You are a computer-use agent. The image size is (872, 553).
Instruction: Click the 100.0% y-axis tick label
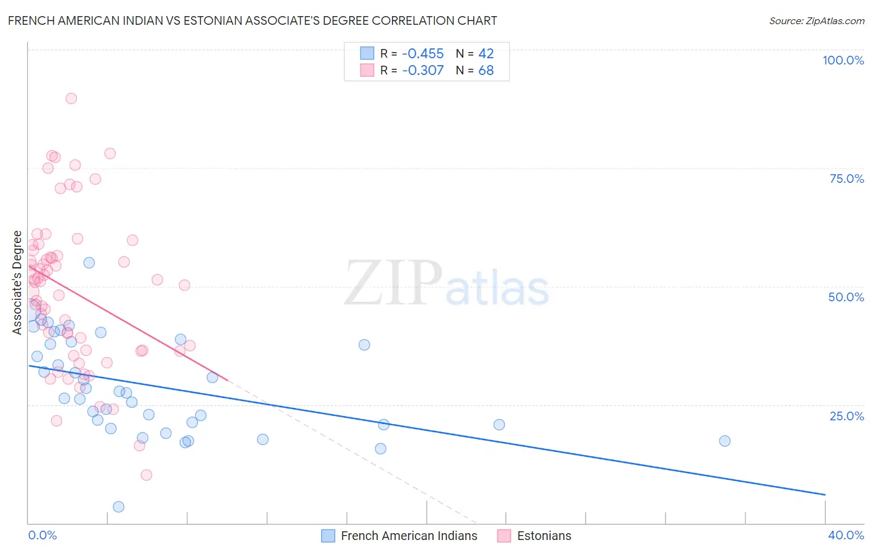pos(843,60)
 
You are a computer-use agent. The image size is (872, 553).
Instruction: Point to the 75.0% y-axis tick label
pos(847,179)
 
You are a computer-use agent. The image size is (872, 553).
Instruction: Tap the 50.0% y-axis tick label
pos(846,297)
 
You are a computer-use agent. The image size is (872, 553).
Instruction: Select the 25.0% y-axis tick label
pos(847,416)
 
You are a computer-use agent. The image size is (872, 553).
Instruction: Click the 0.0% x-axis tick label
pos(42,535)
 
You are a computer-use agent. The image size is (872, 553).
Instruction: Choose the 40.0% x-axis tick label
pos(846,535)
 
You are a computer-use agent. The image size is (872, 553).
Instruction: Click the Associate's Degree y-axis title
pos(17,282)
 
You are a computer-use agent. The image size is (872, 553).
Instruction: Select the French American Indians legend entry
pos(399,536)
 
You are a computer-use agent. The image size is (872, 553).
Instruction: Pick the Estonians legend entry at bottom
pos(535,536)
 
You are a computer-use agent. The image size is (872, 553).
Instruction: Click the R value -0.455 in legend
pos(423,53)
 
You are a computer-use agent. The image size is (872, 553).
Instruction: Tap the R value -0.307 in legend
pos(423,70)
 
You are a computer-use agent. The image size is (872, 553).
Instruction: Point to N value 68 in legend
pos(486,70)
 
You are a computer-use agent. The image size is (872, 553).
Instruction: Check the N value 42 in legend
pos(486,53)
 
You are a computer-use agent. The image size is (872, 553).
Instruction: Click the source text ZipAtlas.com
pos(817,20)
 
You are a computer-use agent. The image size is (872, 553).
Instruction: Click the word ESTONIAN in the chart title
pos(213,20)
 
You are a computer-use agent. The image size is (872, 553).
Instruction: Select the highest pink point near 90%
pos(71,98)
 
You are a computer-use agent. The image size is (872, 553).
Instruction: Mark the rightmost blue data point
pos(724,441)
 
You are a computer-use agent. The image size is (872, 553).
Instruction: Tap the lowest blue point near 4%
pos(118,507)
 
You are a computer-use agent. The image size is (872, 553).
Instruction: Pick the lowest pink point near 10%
pos(146,475)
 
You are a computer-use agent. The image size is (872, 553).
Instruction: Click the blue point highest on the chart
pos(89,262)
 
